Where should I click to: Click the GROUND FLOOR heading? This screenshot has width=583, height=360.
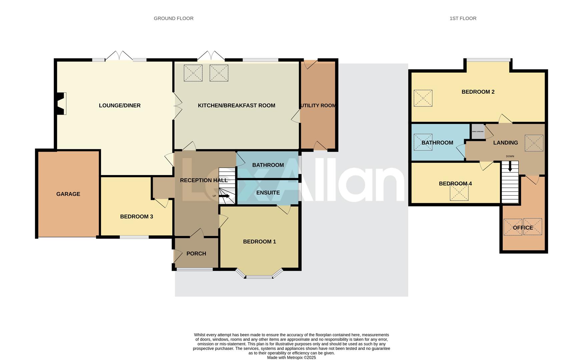[x=173, y=18]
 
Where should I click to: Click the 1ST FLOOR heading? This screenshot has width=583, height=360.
[x=463, y=18]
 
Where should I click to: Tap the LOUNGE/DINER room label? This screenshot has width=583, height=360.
[x=120, y=105]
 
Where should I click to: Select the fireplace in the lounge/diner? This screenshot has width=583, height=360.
[x=61, y=103]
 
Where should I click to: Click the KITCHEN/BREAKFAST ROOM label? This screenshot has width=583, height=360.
[x=236, y=105]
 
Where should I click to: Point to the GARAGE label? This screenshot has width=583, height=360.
[x=68, y=194]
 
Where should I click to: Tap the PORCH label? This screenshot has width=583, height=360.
[x=196, y=254]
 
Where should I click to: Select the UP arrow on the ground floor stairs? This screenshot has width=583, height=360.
[x=224, y=196]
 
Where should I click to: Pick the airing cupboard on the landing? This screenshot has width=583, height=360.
[x=478, y=131]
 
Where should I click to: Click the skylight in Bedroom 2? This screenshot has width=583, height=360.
[x=423, y=98]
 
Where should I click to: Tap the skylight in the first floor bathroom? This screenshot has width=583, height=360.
[x=423, y=142]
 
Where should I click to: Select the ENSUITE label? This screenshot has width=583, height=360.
[x=268, y=193]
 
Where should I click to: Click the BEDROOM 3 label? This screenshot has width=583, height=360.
[x=136, y=217]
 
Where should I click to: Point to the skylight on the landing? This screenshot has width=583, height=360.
[x=534, y=143]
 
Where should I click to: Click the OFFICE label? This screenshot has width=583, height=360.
[x=523, y=228]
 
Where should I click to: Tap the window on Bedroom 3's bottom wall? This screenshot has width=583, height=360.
[x=134, y=237]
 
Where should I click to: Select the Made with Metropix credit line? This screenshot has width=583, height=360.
[x=291, y=358]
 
